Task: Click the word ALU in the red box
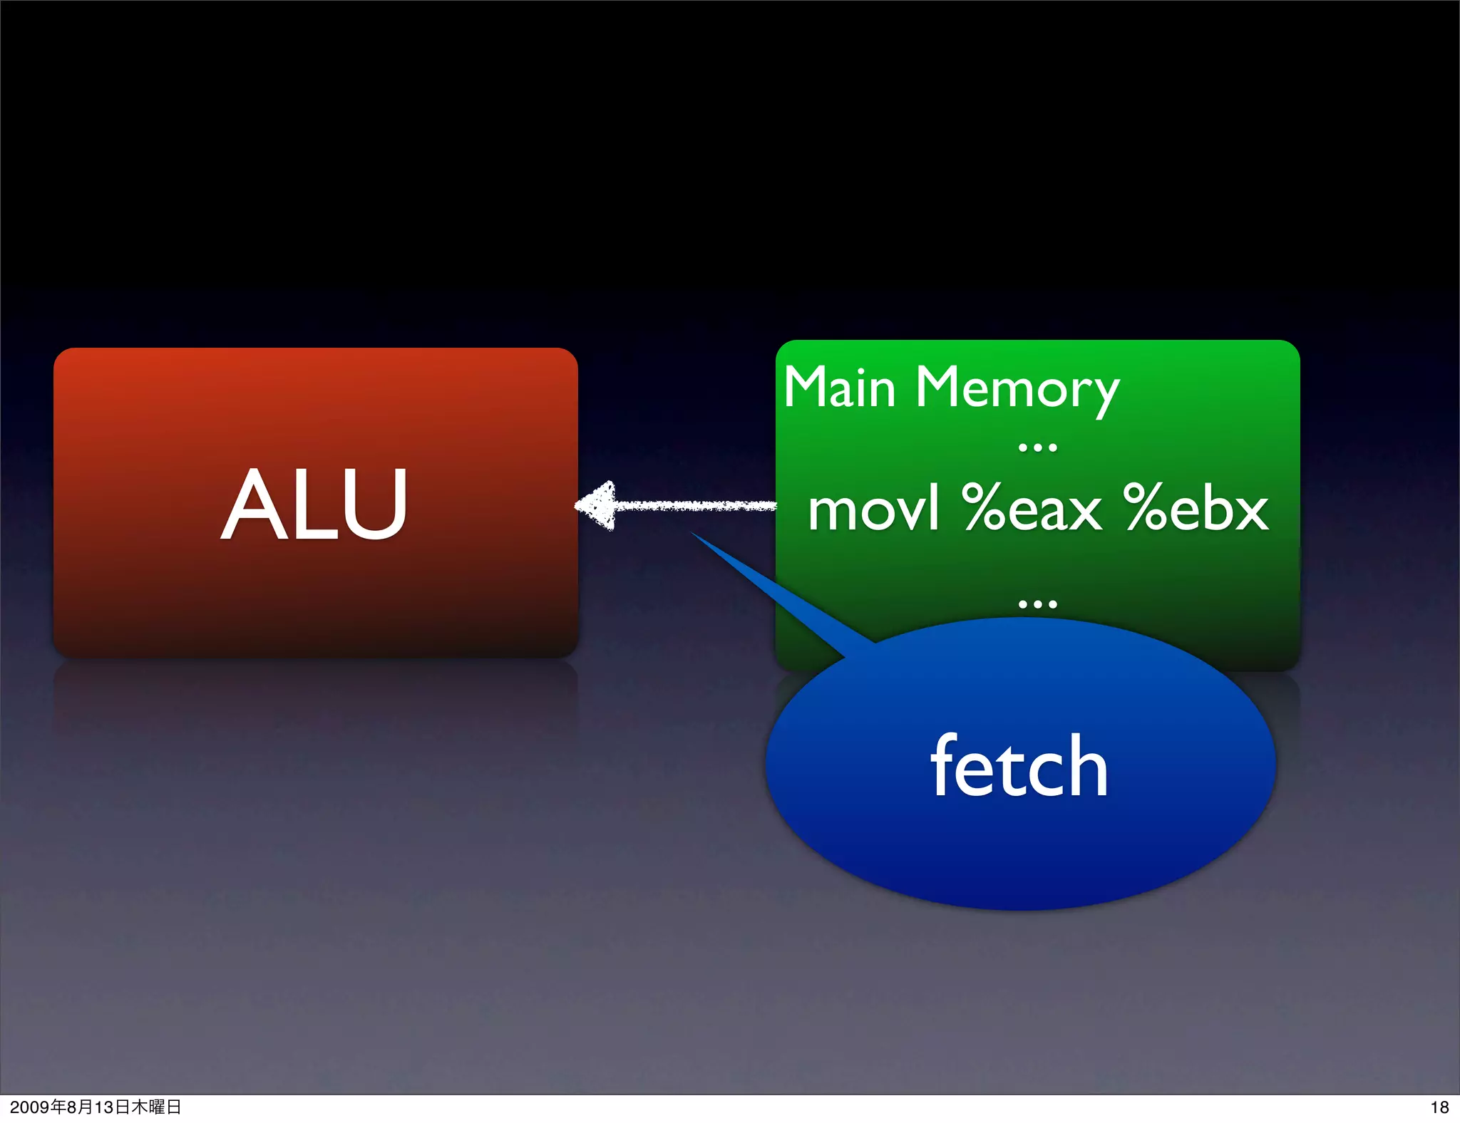[x=314, y=504]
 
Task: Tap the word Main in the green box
[x=839, y=388]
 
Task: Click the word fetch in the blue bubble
[x=1019, y=767]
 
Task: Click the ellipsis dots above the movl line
[x=1037, y=448]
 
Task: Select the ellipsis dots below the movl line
[x=1037, y=604]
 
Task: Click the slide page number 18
[x=1439, y=1107]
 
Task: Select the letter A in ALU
[x=249, y=504]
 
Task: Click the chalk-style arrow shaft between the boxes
[x=695, y=506]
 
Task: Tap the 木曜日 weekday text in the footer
[x=156, y=1107]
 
